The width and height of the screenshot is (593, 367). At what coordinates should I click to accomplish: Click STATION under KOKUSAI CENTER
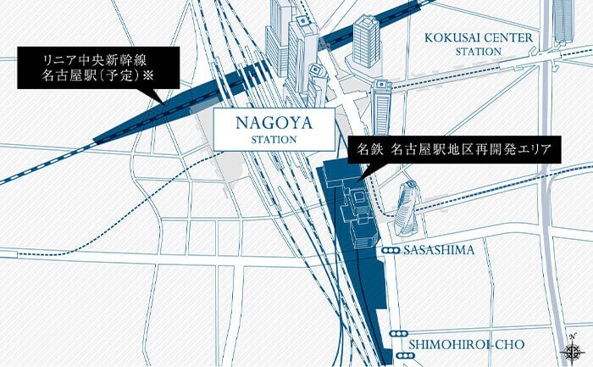click(479, 52)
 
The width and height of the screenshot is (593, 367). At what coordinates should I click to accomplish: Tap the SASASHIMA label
click(439, 251)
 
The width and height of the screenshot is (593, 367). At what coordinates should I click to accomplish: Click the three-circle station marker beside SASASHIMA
click(391, 251)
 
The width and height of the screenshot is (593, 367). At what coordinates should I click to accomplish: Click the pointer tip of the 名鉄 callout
click(359, 181)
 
